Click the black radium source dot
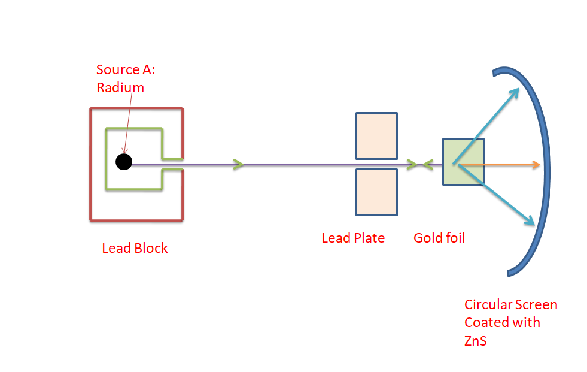pyautogui.click(x=124, y=162)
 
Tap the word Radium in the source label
pyautogui.click(x=120, y=87)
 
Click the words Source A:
pyautogui.click(x=126, y=69)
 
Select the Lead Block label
pyautogui.click(x=135, y=248)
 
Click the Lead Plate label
pyautogui.click(x=353, y=238)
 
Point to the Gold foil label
pyautogui.click(x=439, y=238)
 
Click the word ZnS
pyautogui.click(x=476, y=341)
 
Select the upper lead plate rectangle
pyautogui.click(x=376, y=136)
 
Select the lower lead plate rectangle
pyautogui.click(x=376, y=192)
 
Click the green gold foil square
pyautogui.click(x=464, y=162)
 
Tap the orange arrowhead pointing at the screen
pyautogui.click(x=536, y=165)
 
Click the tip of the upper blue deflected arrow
pyautogui.click(x=519, y=88)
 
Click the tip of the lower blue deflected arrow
pyautogui.click(x=534, y=225)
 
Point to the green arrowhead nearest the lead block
pyautogui.click(x=239, y=164)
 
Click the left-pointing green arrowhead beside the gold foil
pyautogui.click(x=428, y=165)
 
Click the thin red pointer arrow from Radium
pyautogui.click(x=127, y=123)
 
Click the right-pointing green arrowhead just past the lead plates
pyautogui.click(x=412, y=164)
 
